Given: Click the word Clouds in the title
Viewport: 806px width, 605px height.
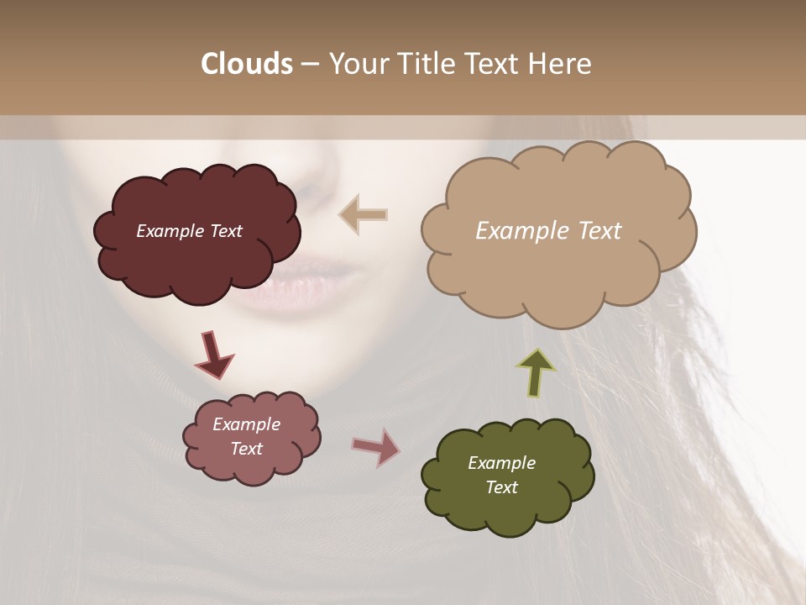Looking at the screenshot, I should click(x=247, y=64).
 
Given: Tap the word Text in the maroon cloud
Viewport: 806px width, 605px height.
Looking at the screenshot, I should click(x=226, y=231).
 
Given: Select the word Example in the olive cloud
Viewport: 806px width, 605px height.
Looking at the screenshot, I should click(x=501, y=463).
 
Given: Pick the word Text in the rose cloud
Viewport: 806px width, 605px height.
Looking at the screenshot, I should click(x=246, y=449).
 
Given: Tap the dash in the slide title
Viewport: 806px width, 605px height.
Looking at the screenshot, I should click(x=310, y=64).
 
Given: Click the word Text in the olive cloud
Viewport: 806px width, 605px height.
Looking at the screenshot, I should click(x=501, y=487).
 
